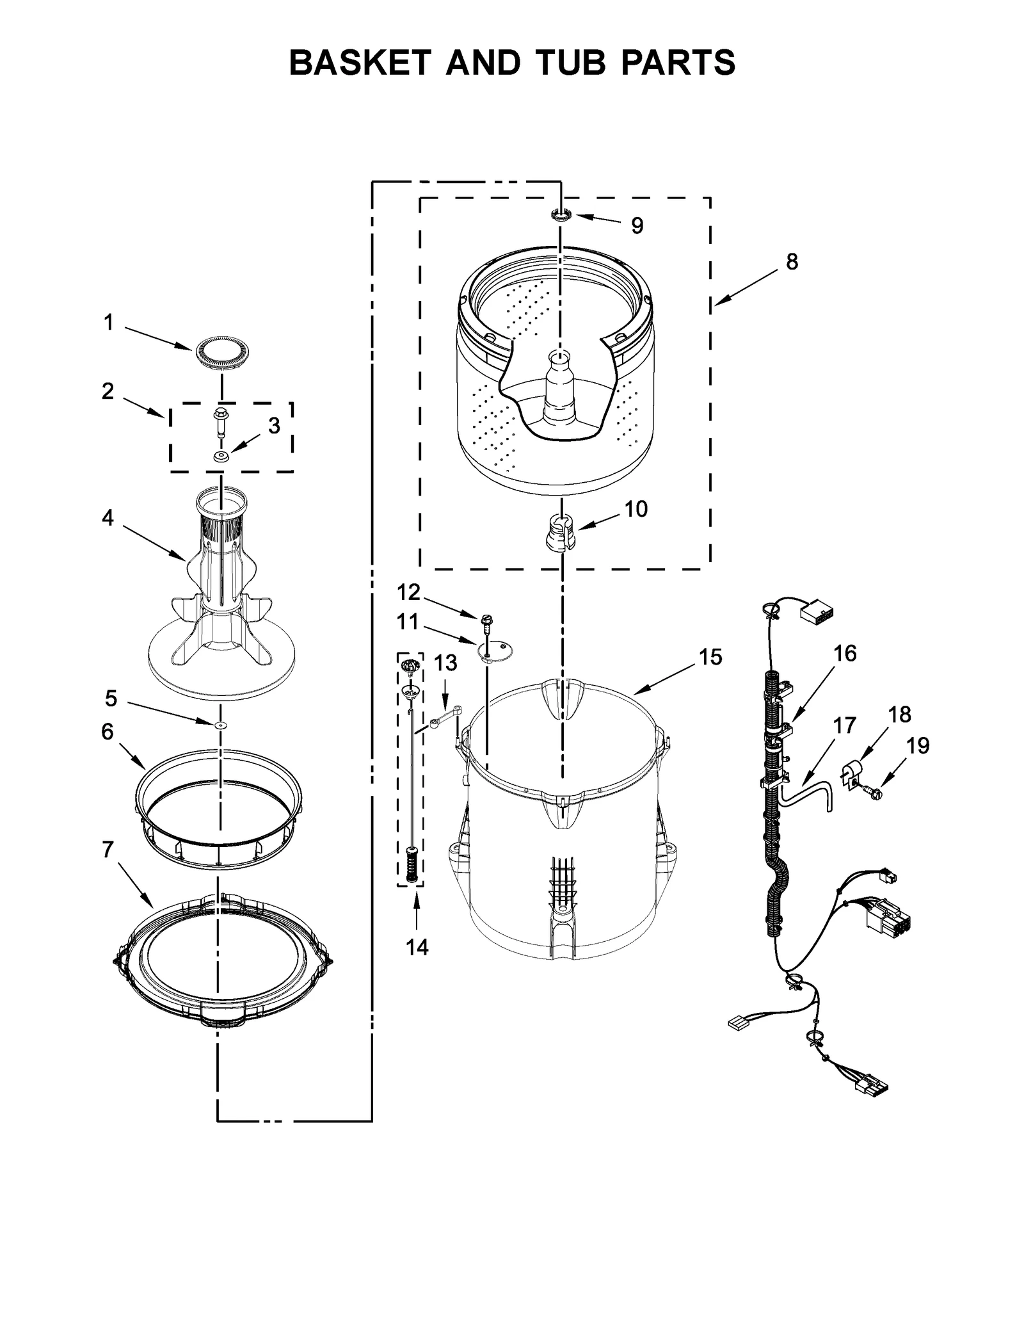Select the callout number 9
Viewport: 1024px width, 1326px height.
[x=637, y=225]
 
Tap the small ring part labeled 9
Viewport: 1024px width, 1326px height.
[x=561, y=215]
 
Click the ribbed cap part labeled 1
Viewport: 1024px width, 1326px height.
[x=221, y=353]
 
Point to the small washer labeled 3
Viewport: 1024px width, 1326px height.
[x=221, y=457]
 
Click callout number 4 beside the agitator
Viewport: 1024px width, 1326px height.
[x=108, y=517]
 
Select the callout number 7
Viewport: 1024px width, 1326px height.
[x=108, y=850]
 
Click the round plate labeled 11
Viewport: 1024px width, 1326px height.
[x=496, y=650]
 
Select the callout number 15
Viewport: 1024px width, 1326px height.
[x=710, y=657]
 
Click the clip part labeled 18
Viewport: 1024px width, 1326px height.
[x=851, y=772]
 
